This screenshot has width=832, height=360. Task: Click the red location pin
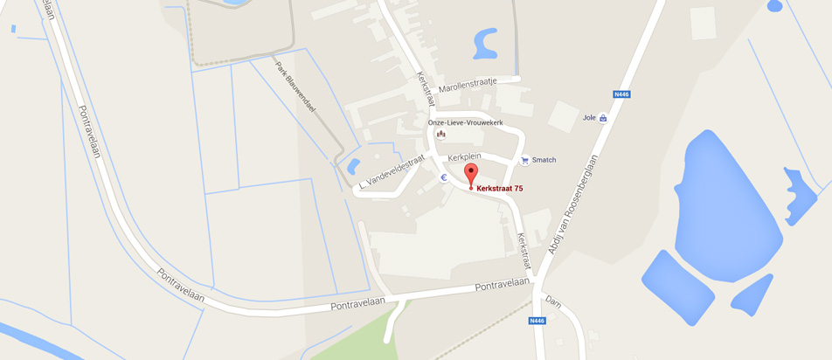(471, 174)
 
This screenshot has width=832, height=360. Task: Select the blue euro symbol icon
(444, 177)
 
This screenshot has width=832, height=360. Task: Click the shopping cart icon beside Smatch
(524, 160)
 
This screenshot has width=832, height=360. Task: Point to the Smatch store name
(544, 161)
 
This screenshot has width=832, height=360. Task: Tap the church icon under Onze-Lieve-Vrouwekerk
(441, 134)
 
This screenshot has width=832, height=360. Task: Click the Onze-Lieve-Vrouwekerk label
(465, 122)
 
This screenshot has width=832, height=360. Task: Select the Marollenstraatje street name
(468, 84)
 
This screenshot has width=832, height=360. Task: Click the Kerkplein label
(465, 157)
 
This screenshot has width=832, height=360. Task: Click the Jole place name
(589, 117)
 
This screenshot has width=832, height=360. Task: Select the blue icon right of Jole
(603, 118)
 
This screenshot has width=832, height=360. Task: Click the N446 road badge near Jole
(621, 94)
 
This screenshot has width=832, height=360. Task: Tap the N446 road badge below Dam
(538, 321)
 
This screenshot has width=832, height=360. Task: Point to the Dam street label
(552, 302)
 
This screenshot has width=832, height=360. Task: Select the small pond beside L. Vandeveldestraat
(354, 165)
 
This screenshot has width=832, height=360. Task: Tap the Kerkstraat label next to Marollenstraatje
(426, 89)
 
